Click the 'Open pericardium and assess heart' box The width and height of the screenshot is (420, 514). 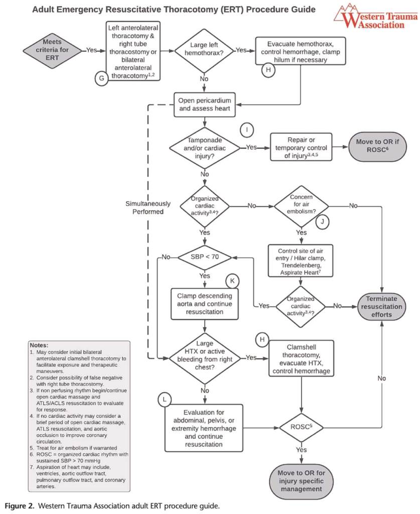coord(204,104)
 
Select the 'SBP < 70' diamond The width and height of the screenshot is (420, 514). coord(205,257)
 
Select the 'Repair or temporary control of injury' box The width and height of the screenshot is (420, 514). coord(301,147)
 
